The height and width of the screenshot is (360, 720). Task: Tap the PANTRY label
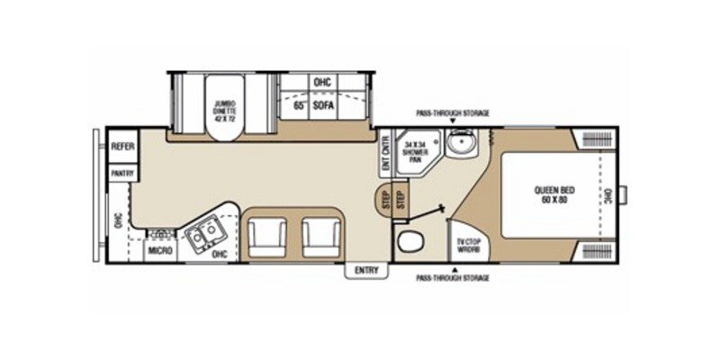point(121,172)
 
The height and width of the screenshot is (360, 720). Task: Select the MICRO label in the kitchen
point(160,250)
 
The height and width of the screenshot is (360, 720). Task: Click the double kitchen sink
point(204,234)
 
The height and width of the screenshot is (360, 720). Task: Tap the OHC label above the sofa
point(322,83)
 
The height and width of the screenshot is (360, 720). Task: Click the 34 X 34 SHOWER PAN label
point(417,150)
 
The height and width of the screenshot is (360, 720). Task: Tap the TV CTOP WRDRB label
point(466,245)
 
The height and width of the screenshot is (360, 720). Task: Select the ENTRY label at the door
point(366,269)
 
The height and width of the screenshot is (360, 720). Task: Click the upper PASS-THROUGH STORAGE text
point(452,114)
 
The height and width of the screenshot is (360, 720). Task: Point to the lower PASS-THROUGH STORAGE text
point(452,278)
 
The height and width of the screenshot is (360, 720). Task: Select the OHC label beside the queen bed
point(607,193)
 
